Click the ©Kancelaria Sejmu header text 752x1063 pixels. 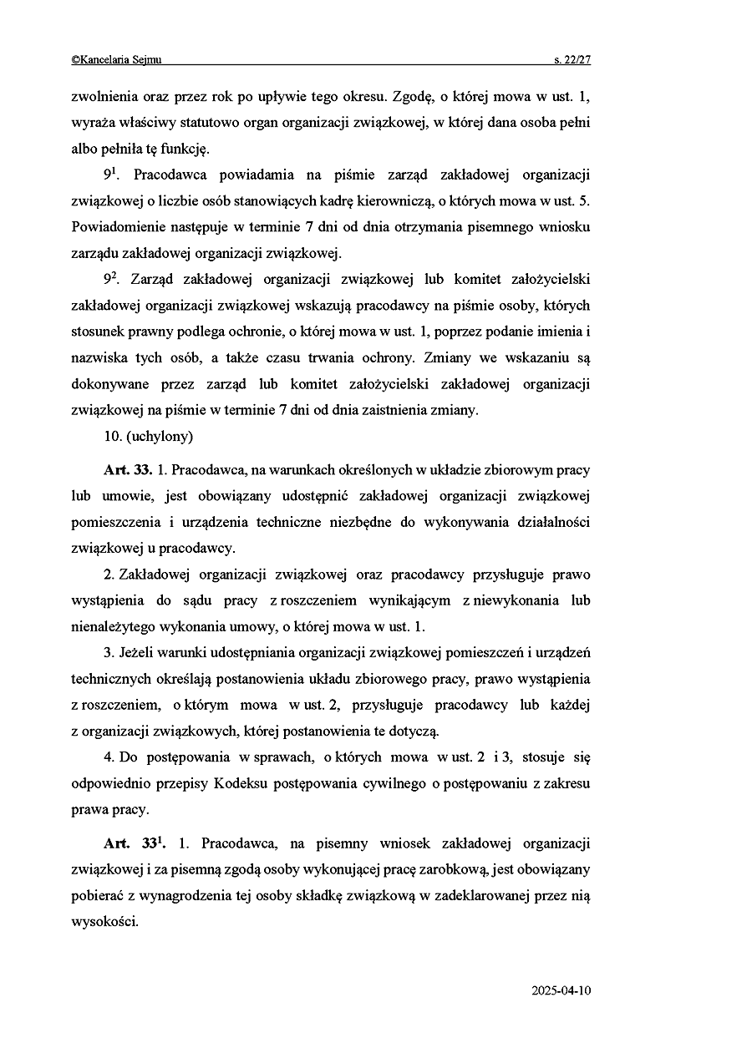tap(116, 59)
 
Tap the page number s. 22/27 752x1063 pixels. tap(572, 59)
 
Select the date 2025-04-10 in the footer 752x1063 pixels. tap(561, 991)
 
